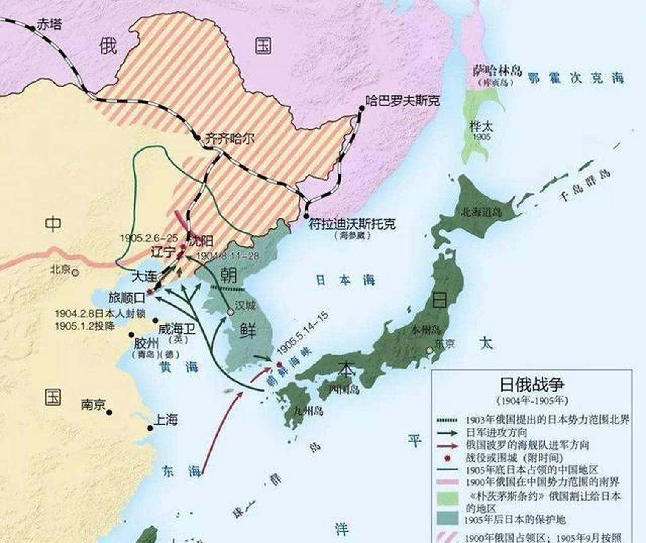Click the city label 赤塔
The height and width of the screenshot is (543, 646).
click(49, 24)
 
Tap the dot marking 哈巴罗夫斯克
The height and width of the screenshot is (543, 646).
click(361, 108)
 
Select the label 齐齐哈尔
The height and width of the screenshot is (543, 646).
click(229, 138)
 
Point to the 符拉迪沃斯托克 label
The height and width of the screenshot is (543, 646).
click(352, 224)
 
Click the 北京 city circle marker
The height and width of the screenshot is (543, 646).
click(75, 273)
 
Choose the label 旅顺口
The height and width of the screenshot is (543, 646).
click(127, 297)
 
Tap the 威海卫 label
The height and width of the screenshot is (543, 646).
click(176, 329)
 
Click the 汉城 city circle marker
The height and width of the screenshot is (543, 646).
click(230, 312)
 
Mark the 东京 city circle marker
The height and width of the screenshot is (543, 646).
click(430, 350)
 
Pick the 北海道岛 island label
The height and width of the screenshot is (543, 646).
click(481, 211)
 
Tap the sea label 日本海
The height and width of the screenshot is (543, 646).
click(345, 280)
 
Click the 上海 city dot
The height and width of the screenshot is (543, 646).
click(150, 428)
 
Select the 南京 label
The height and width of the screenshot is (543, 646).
click(93, 405)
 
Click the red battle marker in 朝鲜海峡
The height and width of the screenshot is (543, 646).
click(279, 364)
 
